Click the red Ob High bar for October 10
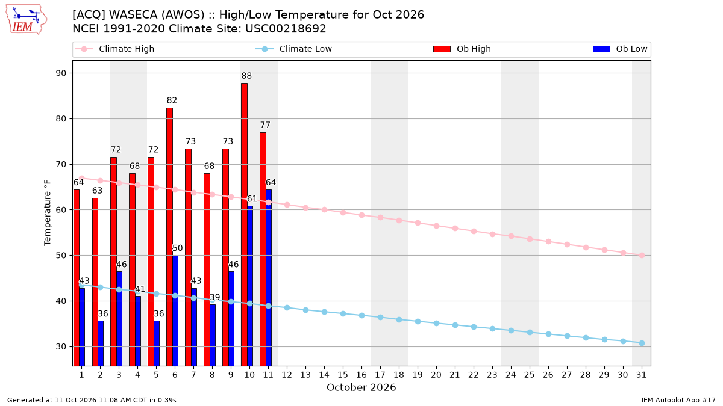click(x=245, y=224)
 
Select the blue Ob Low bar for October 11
click(x=269, y=277)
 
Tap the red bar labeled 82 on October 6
click(x=169, y=237)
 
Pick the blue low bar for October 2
click(x=101, y=343)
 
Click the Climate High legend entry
click(x=115, y=49)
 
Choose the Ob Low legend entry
click(x=620, y=49)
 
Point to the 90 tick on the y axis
click(x=61, y=73)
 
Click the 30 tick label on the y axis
click(x=61, y=346)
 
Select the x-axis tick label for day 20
click(x=436, y=375)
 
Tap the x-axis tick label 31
click(x=641, y=375)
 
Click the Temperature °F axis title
click(x=48, y=213)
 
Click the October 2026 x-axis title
click(x=361, y=387)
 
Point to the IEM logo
click(x=26, y=19)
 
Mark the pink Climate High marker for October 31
click(x=642, y=255)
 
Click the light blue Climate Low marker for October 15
click(x=343, y=313)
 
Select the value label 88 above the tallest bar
click(x=246, y=76)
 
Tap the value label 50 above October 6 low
click(x=178, y=248)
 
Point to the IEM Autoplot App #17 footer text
click(x=678, y=400)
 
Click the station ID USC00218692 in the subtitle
click(x=286, y=29)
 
